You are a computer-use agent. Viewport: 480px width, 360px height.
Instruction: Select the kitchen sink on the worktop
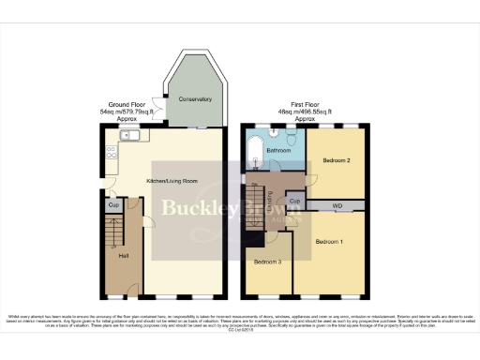tap(128, 136)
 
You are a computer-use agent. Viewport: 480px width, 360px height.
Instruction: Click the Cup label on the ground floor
tap(112, 204)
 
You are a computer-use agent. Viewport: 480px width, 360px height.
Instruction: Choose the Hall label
tap(123, 255)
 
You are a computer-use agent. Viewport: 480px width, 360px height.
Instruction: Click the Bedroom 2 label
tap(337, 160)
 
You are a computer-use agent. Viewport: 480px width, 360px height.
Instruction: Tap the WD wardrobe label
tap(336, 203)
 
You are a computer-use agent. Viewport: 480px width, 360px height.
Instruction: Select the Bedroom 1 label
tap(329, 242)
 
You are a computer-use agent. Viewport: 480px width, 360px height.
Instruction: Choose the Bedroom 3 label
tap(267, 261)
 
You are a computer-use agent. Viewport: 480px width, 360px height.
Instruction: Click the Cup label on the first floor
tap(294, 202)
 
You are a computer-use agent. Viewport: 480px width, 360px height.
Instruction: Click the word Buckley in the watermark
tap(189, 209)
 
